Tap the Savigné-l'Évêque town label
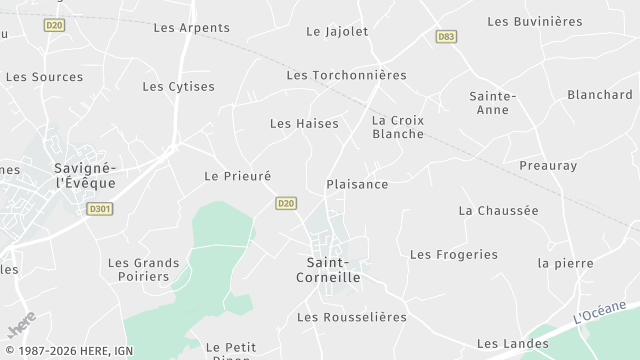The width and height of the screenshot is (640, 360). pyautogui.click(x=85, y=175)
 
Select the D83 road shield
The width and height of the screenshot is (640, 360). pyautogui.click(x=446, y=36)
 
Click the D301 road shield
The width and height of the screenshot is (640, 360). pyautogui.click(x=99, y=209)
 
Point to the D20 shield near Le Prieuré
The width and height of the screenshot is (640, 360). pyautogui.click(x=286, y=203)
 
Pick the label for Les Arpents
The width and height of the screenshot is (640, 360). pyautogui.click(x=191, y=27)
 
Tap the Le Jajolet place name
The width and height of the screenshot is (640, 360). pyautogui.click(x=337, y=31)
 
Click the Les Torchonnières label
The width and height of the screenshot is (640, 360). pyautogui.click(x=346, y=75)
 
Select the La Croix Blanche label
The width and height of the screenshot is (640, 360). pyautogui.click(x=398, y=127)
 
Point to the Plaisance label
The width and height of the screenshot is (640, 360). pyautogui.click(x=357, y=184)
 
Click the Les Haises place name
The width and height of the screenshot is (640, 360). pyautogui.click(x=304, y=123)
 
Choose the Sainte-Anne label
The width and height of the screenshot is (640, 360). pyautogui.click(x=492, y=104)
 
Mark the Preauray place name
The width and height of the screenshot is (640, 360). pyautogui.click(x=548, y=165)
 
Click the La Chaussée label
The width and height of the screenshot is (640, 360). pyautogui.click(x=498, y=210)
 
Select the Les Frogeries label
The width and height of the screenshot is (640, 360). pyautogui.click(x=453, y=254)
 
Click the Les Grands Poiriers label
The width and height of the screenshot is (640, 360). pyautogui.click(x=144, y=269)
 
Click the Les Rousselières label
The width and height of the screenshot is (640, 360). pyautogui.click(x=352, y=317)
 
